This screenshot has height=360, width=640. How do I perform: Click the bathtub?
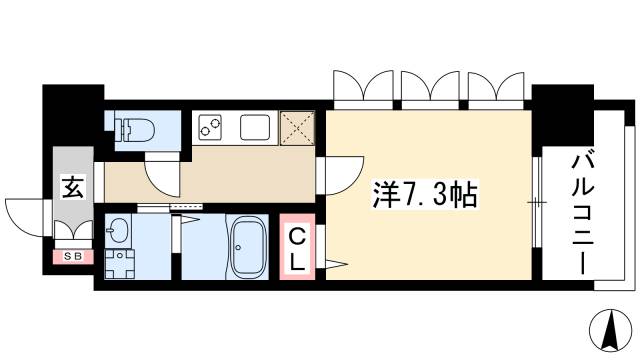pos(246,248)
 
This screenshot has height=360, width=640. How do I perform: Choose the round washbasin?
pos(118,230)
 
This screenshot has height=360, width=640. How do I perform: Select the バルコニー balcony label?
pos(582,209)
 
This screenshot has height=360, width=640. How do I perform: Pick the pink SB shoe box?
pos(72,256)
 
